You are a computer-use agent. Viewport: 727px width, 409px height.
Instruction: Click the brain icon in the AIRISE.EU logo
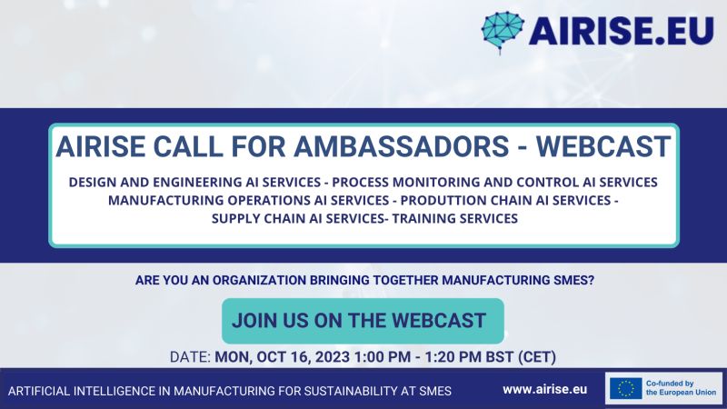pos(503,32)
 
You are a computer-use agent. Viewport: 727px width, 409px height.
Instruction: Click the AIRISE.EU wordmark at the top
pos(622,31)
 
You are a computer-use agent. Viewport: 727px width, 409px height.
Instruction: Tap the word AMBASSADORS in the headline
pos(402,146)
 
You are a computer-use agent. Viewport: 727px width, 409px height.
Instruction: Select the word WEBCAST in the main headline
pos(603,146)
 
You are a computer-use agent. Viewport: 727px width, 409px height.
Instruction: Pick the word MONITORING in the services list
pos(436,183)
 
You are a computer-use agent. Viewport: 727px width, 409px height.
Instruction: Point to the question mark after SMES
pos(591,281)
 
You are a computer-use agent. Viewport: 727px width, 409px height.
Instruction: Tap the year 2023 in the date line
pos(333,357)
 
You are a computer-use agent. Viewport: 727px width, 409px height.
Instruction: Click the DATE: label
pos(190,357)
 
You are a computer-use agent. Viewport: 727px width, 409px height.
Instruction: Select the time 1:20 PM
pos(453,357)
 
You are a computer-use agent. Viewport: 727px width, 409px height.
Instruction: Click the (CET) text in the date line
pos(537,357)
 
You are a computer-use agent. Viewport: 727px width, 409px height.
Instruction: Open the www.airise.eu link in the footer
pos(544,390)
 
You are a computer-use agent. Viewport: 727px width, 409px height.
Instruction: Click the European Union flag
pos(626,389)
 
